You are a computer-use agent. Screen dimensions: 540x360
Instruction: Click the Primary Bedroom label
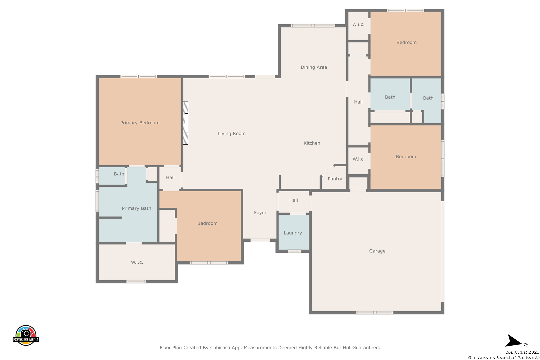[x=140, y=123]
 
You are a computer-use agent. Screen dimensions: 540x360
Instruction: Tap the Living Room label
[x=232, y=133]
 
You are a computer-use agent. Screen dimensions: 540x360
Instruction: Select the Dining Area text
[x=314, y=67]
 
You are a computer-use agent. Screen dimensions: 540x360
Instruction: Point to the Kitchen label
[x=312, y=143]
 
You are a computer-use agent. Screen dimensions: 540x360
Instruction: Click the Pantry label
[x=335, y=179]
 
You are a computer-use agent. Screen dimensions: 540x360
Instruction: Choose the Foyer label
[x=260, y=213]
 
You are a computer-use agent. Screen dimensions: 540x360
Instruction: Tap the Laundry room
[x=293, y=232]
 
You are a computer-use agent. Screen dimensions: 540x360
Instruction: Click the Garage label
[x=377, y=251]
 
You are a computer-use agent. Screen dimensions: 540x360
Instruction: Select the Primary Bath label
[x=136, y=208]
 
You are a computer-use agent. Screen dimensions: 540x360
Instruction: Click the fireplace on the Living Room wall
[x=186, y=123]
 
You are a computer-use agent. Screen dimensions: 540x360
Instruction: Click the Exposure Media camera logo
[x=26, y=335]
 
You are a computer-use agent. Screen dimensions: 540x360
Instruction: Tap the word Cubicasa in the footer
[x=220, y=347]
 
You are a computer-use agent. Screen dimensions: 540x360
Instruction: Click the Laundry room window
[x=294, y=251]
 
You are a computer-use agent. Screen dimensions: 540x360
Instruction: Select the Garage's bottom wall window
[x=375, y=313]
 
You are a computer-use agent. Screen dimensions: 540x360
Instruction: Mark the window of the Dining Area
[x=313, y=26]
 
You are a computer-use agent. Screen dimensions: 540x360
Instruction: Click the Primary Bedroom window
[x=138, y=76]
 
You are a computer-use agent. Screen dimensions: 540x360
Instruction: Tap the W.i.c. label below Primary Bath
[x=137, y=262]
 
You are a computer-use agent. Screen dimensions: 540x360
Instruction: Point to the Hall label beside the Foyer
[x=293, y=200]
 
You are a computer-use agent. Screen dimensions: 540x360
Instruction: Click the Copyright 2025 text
[x=522, y=352]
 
